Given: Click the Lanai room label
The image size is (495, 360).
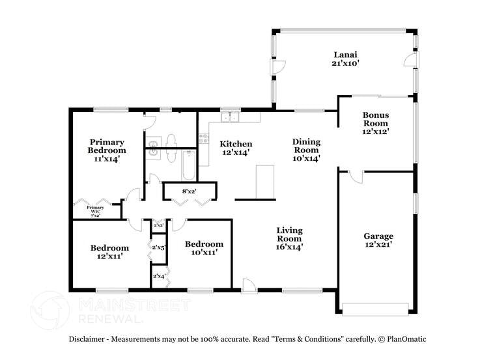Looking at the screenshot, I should (x=345, y=59).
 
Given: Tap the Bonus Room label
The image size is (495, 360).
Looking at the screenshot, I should (x=375, y=123).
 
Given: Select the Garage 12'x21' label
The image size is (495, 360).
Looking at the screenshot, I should (x=378, y=240).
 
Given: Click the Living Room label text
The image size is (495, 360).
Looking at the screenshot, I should (x=289, y=238).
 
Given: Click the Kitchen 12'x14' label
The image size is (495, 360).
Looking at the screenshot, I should (x=235, y=148).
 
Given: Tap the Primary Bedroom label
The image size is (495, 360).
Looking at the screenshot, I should (x=107, y=149).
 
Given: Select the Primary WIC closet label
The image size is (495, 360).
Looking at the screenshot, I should (x=95, y=211).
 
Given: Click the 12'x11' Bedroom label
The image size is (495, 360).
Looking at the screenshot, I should (x=109, y=252).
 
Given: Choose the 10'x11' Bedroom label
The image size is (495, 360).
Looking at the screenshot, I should (x=204, y=248).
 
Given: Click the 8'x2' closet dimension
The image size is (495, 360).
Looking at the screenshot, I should (x=189, y=191).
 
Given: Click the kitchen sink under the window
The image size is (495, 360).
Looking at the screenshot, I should (x=230, y=118).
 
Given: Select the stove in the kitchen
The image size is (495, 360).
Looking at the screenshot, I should (x=204, y=139).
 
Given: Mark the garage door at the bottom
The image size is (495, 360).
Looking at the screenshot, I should (x=376, y=309).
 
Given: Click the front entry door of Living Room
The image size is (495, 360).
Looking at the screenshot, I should (x=248, y=284).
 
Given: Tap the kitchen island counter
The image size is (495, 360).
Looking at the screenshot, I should (x=265, y=181).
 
